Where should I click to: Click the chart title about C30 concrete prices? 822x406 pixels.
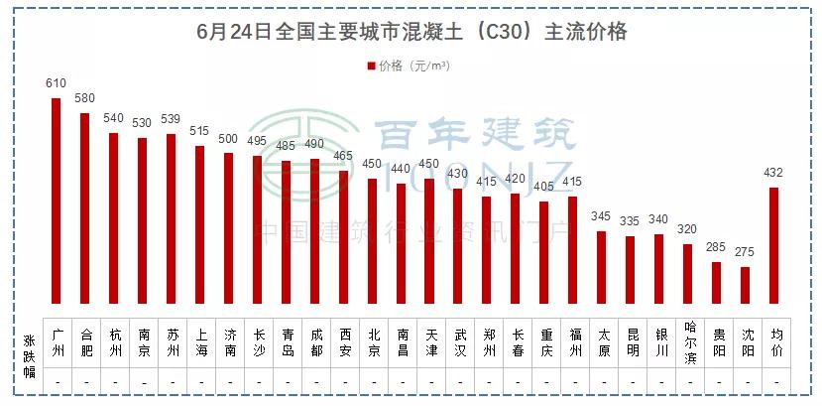411,32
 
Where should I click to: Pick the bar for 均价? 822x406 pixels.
773,245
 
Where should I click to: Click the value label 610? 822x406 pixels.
56,84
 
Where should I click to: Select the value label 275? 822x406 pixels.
746,253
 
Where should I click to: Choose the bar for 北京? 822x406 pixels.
372,241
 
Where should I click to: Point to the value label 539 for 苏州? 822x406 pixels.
171,120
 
